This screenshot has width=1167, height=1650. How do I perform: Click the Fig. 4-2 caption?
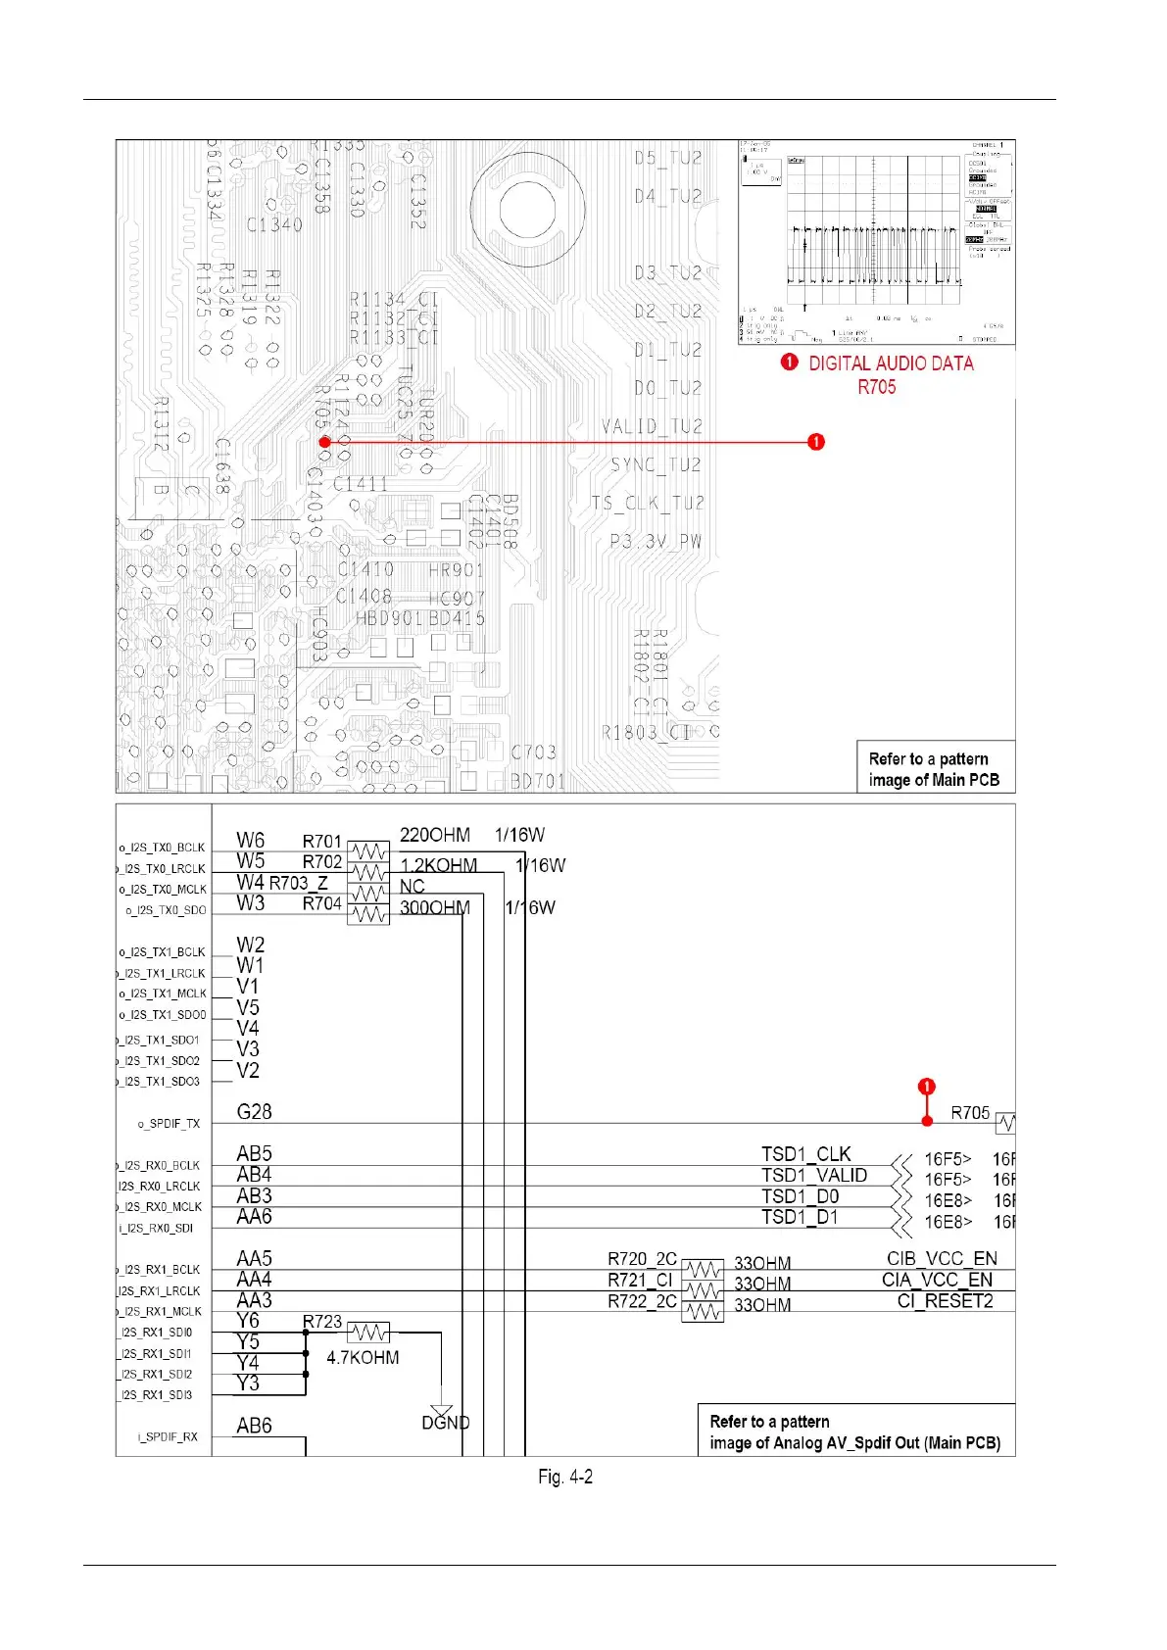pyautogui.click(x=565, y=1477)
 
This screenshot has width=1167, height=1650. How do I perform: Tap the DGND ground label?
pyautogui.click(x=446, y=1423)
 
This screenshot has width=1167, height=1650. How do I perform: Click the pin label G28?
pyautogui.click(x=254, y=1112)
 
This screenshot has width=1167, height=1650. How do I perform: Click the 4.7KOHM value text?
pyautogui.click(x=363, y=1358)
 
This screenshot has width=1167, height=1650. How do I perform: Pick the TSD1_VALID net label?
pyautogui.click(x=814, y=1175)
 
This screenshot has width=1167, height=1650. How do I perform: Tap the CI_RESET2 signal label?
pyautogui.click(x=945, y=1301)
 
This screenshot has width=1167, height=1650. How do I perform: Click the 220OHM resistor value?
pyautogui.click(x=435, y=835)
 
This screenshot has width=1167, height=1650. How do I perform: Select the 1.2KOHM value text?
pyautogui.click(x=439, y=865)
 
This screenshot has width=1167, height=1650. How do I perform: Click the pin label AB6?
pyautogui.click(x=254, y=1426)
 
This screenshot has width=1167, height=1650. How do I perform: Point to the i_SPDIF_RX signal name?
pyautogui.click(x=168, y=1437)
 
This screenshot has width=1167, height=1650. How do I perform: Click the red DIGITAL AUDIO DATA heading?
pyautogui.click(x=891, y=364)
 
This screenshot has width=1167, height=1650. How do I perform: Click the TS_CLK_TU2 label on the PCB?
pyautogui.click(x=648, y=503)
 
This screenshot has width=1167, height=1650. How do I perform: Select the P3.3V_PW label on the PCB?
pyautogui.click(x=656, y=541)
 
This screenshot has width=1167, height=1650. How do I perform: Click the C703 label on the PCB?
pyautogui.click(x=534, y=752)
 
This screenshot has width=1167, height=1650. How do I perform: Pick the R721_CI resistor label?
pyautogui.click(x=640, y=1280)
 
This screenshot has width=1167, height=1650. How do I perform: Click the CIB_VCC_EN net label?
pyautogui.click(x=942, y=1258)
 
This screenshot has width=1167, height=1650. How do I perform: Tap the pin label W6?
pyautogui.click(x=250, y=840)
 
